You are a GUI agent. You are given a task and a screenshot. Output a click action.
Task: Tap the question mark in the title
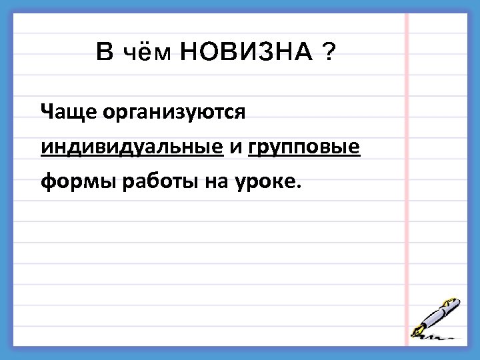[x=327, y=52]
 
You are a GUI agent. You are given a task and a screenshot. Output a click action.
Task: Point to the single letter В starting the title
[x=105, y=52]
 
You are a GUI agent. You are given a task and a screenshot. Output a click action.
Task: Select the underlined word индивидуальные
[x=131, y=147]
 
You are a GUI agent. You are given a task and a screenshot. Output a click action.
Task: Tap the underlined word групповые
[x=304, y=147]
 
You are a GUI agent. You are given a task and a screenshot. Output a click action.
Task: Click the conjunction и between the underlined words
[x=235, y=147]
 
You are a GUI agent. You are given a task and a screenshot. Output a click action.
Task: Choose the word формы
[x=78, y=181]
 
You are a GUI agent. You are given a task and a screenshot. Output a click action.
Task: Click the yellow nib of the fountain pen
[x=419, y=329]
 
